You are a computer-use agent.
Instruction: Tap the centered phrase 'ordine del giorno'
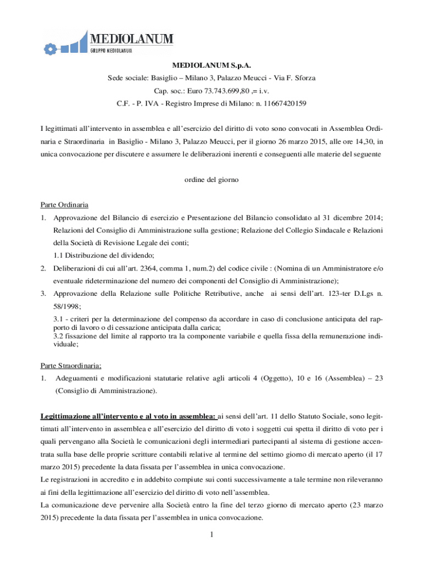(x=211, y=180)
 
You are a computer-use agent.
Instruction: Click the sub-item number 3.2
(x=59, y=335)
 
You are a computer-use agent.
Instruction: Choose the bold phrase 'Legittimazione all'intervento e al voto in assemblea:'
(x=129, y=417)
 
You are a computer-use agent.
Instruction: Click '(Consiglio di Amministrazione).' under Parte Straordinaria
(x=105, y=391)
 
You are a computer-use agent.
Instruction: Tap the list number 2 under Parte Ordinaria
(x=43, y=268)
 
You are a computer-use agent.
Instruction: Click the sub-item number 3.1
(x=59, y=319)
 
